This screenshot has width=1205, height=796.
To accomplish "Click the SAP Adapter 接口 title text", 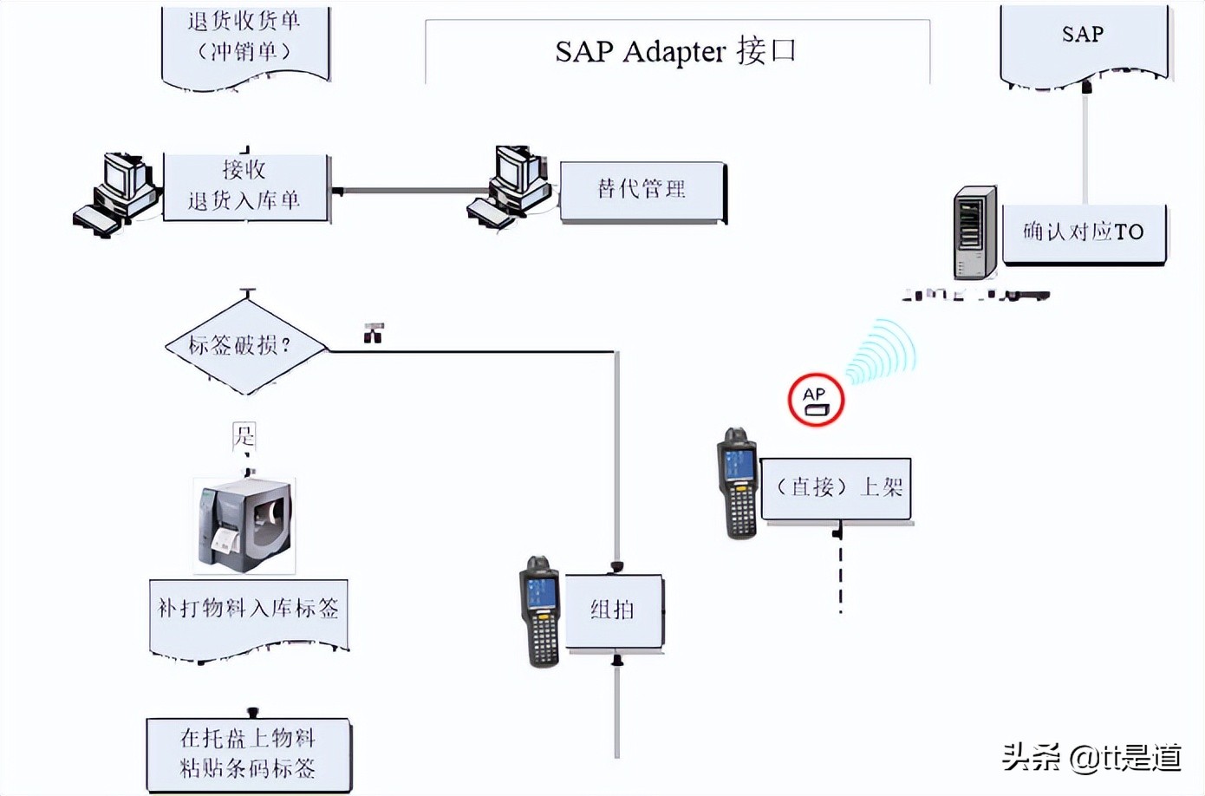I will (675, 51).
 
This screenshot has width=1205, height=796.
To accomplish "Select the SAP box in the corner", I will (1084, 39).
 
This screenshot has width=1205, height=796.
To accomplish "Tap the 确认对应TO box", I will (1084, 232).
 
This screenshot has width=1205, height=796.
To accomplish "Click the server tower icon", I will (975, 232).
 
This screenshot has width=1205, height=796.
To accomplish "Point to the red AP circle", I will (816, 400).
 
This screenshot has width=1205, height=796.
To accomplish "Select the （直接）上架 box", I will (837, 488).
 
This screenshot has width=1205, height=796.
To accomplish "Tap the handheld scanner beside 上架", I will (738, 482).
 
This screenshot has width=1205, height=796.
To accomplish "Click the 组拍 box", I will (614, 610).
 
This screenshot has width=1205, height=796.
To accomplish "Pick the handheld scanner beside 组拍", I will (539, 612).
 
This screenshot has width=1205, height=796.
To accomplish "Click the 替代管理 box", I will (642, 190).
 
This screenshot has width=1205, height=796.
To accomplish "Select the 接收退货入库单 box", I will (245, 186).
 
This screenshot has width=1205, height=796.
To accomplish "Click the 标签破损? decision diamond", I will (245, 346).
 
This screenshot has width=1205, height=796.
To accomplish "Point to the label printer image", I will (245, 525).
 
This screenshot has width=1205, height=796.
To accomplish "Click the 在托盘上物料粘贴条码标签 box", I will (249, 753).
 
